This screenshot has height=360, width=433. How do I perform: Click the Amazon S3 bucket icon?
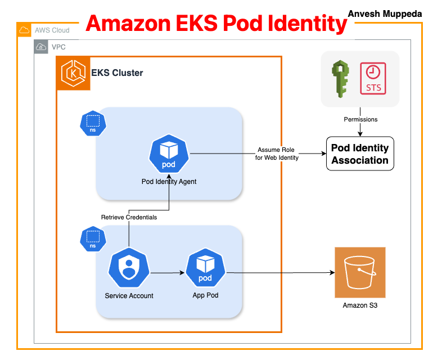click(x=360, y=272)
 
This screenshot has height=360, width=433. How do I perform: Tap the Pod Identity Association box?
click(x=360, y=154)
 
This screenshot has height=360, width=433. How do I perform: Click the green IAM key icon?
click(x=341, y=78)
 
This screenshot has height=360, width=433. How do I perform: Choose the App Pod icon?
click(x=205, y=269)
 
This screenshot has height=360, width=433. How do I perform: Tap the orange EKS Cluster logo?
click(x=73, y=73)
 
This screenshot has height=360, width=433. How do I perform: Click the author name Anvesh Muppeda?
click(x=385, y=13)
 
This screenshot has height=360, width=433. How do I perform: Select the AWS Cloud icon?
click(x=24, y=30)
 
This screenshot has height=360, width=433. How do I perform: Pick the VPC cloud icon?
click(x=41, y=47)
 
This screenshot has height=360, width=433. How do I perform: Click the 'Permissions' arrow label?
click(x=360, y=119)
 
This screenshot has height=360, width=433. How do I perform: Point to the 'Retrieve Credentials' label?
click(x=129, y=217)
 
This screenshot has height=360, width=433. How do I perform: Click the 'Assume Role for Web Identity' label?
click(x=277, y=154)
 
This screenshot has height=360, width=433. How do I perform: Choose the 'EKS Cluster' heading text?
click(x=117, y=73)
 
